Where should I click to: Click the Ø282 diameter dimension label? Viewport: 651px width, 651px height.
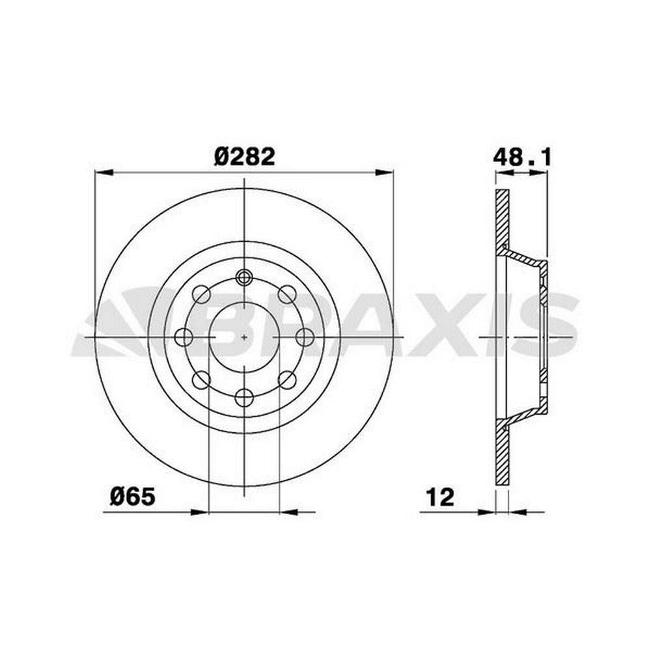coord(244,158)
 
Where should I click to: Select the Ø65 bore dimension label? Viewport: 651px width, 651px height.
coord(133,496)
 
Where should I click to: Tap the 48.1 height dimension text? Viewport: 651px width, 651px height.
coord(522,158)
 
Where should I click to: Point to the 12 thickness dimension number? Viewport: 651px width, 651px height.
coord(441,497)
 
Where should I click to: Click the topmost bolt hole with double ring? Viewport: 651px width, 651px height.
coord(244,277)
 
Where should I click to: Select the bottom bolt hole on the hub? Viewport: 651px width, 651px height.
coord(244,397)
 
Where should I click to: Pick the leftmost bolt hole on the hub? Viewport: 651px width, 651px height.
coord(184,337)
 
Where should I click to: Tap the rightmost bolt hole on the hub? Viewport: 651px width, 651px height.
coord(304,337)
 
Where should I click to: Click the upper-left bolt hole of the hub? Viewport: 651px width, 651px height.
coord(202,294)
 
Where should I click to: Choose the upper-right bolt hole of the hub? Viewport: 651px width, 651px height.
coord(287,294)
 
